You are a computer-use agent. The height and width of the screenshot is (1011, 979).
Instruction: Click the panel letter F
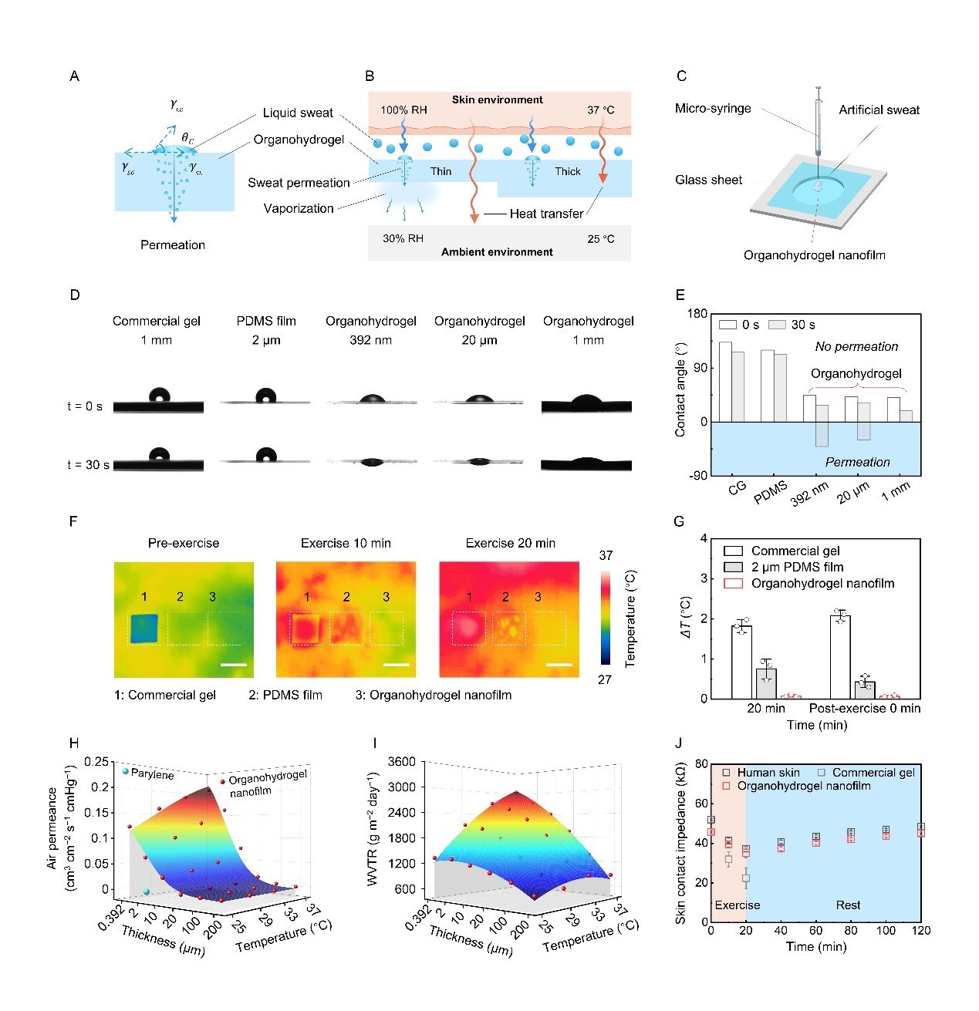coord(73,521)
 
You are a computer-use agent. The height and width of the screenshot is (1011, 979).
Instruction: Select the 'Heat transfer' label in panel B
coord(546,214)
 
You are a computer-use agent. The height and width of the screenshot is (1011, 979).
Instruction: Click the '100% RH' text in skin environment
coord(403,110)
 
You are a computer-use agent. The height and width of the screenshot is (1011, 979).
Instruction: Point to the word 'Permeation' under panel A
coord(173,244)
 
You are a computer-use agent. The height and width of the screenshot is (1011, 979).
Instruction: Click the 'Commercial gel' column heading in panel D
coord(157,321)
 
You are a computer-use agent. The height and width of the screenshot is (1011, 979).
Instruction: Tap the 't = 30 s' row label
coord(88,465)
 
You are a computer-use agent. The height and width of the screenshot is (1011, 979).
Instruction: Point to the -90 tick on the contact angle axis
coord(698,475)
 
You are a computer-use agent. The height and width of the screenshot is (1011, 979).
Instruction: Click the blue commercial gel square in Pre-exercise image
coord(144,628)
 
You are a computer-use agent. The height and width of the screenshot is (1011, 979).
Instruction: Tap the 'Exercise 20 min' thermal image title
coord(510,543)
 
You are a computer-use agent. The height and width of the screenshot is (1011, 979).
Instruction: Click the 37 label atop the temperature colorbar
coord(606,555)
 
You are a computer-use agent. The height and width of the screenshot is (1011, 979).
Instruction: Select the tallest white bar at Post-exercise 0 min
coord(840,656)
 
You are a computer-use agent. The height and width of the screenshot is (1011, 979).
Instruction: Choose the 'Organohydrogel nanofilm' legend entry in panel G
coord(822,583)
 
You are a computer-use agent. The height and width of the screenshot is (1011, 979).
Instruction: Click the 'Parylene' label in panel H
coord(152,774)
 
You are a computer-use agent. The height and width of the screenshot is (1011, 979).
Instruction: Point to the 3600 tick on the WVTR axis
coord(400,762)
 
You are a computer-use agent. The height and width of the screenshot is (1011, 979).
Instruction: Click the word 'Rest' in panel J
coord(848,905)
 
